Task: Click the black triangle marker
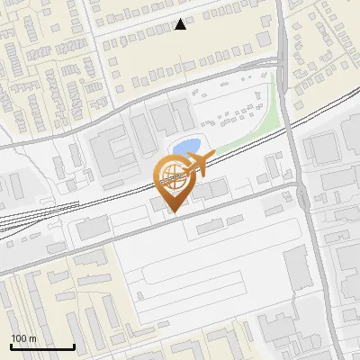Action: click(181, 25)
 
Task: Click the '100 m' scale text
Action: click(23, 338)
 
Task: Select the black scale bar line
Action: click(42, 346)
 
